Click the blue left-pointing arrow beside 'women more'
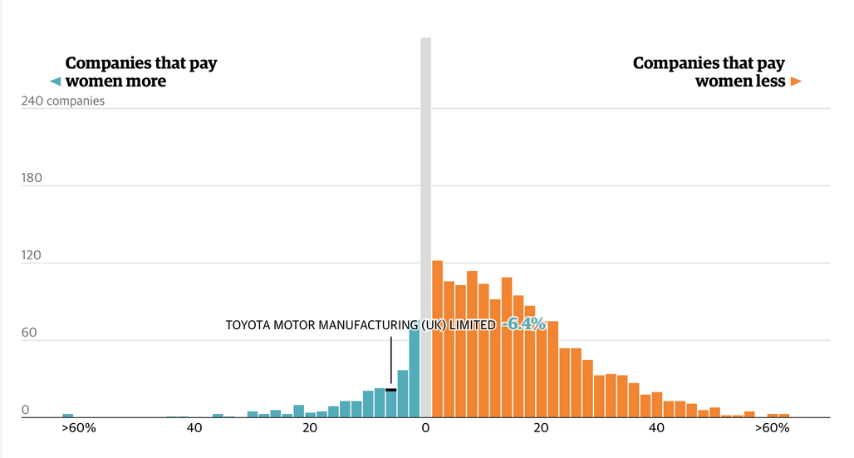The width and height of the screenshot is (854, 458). click(x=55, y=81)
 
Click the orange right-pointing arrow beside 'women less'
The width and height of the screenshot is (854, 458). click(x=797, y=81)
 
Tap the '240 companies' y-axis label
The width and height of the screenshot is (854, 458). click(x=62, y=101)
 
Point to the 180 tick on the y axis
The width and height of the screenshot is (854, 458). click(x=32, y=178)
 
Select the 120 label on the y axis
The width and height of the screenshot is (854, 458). click(x=32, y=255)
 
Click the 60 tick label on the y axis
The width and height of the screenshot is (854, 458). click(x=29, y=332)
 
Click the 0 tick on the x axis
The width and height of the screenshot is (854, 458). click(x=425, y=428)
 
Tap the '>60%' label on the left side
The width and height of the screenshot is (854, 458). click(x=79, y=428)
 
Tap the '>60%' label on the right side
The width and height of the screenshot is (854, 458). click(x=772, y=428)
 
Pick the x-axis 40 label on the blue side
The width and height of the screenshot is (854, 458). click(x=194, y=428)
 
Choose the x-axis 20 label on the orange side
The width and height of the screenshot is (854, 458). click(x=541, y=428)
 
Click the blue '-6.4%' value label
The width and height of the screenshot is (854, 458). click(x=523, y=324)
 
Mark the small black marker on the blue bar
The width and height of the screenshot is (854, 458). click(x=391, y=390)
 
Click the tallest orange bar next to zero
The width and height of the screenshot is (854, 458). click(x=437, y=339)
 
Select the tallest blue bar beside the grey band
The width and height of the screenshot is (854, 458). click(x=415, y=373)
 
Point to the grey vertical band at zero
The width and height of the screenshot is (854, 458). click(x=426, y=228)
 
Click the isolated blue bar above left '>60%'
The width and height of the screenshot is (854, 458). click(x=67, y=416)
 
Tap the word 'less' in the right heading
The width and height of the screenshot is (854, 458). click(x=770, y=81)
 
